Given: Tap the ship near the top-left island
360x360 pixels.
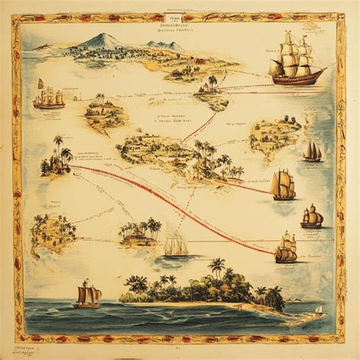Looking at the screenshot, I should tap(49, 97).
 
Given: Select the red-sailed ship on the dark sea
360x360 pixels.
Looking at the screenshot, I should tap(87, 294).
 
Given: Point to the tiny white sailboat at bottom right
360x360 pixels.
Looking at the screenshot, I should tap(320, 310).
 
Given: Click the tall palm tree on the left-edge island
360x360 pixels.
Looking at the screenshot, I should tap(58, 144).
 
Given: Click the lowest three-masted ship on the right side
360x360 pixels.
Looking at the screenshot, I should tap(286, 248).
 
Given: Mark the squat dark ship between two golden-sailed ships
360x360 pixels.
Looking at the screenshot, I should tap(311, 217).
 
